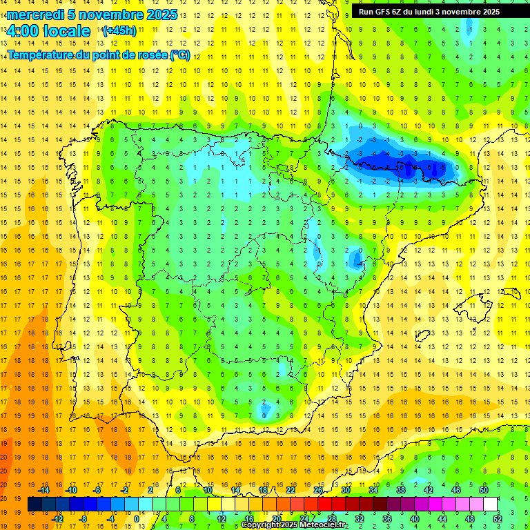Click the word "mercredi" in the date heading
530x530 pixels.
35,14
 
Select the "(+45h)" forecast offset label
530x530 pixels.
119,31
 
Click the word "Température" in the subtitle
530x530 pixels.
40,55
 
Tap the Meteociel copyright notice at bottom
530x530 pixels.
294,525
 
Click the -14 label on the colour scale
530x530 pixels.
44,490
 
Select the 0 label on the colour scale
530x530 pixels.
137,518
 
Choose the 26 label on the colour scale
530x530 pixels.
318,490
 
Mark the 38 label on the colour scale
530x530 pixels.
401,490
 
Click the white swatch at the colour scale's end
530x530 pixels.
490,504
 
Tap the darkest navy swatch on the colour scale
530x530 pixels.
35,504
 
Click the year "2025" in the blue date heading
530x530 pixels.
163,14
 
